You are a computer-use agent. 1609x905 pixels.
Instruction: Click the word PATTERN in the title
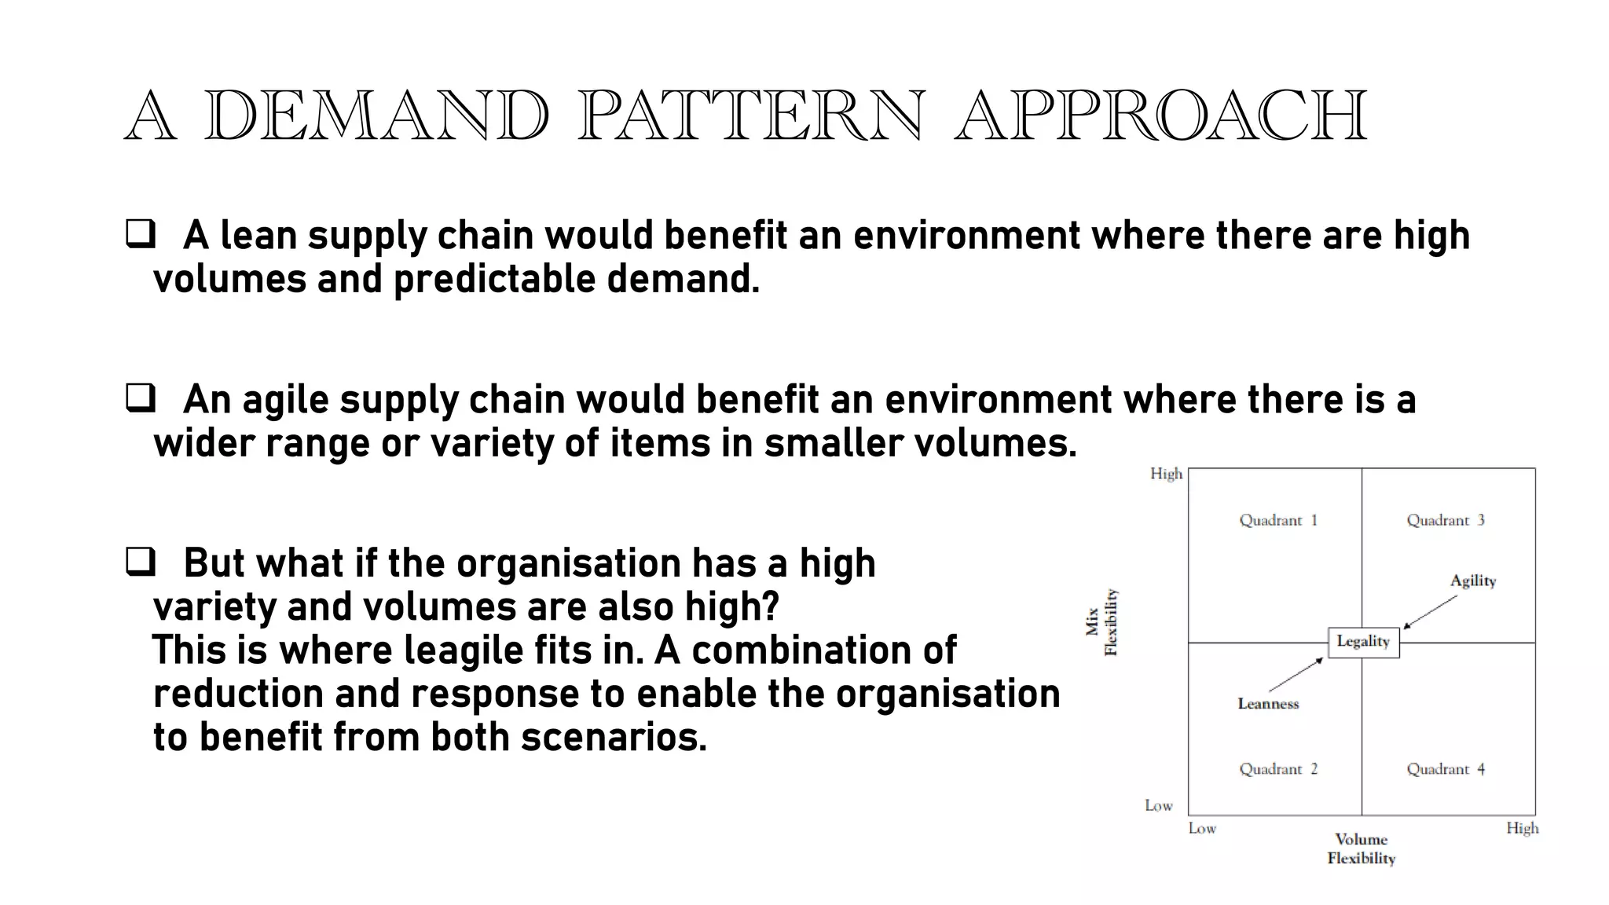(x=750, y=116)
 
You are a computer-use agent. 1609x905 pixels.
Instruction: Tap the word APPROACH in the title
(x=1161, y=116)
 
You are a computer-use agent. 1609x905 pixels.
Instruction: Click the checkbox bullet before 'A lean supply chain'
(x=141, y=235)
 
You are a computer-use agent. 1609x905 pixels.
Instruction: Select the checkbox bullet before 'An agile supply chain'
(x=141, y=399)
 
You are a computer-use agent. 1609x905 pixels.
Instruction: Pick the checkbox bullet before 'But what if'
(x=141, y=562)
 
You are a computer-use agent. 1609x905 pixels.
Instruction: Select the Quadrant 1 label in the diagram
(x=1278, y=520)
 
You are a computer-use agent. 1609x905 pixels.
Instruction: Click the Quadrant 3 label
(x=1446, y=520)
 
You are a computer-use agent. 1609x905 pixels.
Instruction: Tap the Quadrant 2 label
(x=1278, y=769)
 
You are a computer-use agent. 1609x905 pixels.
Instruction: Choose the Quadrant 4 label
(x=1446, y=769)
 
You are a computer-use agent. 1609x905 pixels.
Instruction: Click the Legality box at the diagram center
(x=1363, y=642)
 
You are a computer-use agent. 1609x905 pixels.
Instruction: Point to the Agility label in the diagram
(x=1473, y=581)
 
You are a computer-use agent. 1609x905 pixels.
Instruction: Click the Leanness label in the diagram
(x=1268, y=704)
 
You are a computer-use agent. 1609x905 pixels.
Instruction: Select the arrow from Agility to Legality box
(x=1430, y=612)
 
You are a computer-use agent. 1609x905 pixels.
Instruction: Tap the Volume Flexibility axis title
(x=1362, y=849)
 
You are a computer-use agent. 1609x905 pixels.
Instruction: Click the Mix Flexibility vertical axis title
(x=1102, y=622)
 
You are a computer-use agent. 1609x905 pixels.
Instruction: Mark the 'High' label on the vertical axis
(x=1166, y=474)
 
